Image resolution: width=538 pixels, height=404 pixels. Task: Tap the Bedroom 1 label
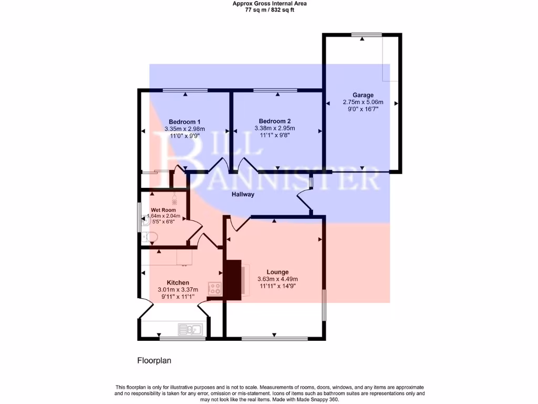184,122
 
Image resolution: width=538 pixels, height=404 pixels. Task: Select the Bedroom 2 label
275,121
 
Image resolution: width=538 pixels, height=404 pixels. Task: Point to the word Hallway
243,195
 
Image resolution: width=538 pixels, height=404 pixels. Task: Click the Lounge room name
277,272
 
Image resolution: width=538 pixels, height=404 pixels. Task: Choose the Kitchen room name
178,282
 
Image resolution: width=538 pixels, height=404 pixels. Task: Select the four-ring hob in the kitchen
215,288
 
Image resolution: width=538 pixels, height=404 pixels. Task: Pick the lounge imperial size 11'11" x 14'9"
277,286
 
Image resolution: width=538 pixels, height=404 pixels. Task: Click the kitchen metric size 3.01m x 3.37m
178,289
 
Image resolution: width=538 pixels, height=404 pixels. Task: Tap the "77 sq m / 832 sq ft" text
270,10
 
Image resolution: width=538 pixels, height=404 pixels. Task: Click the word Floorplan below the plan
154,361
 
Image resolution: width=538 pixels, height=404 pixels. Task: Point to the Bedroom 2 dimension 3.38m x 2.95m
275,128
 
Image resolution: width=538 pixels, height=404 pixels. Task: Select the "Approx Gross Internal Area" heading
270,3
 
